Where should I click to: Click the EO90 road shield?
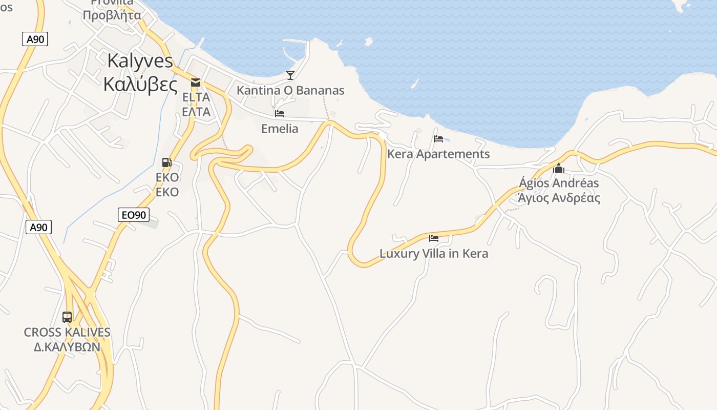tap(134, 215)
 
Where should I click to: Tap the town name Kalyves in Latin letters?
tap(140, 60)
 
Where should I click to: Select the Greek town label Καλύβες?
tap(140, 84)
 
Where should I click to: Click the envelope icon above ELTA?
tap(195, 82)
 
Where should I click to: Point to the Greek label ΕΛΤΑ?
tap(196, 111)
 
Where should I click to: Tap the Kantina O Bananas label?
tap(290, 91)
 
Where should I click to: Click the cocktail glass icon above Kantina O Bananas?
tap(290, 75)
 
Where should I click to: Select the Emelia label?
tap(280, 129)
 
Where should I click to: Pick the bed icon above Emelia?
tap(280, 113)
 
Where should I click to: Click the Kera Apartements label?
tap(438, 154)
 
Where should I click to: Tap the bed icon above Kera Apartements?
tap(438, 138)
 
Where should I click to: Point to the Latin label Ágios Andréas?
tap(559, 183)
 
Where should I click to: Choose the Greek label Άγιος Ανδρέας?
tap(559, 198)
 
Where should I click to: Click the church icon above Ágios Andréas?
tap(559, 168)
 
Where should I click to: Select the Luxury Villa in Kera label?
tap(434, 254)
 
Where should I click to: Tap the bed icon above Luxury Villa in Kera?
tap(434, 238)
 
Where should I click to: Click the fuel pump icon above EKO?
tap(167, 162)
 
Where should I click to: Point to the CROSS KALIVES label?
tap(67, 332)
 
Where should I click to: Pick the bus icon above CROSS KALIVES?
tap(67, 317)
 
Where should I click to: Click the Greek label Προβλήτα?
tap(112, 15)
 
